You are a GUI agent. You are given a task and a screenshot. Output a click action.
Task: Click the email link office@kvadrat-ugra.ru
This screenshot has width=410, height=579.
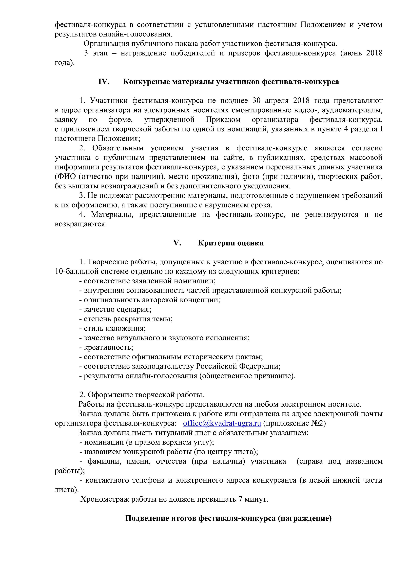[x=222, y=423]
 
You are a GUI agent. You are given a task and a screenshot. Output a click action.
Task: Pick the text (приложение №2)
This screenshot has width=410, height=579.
[x=294, y=423]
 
